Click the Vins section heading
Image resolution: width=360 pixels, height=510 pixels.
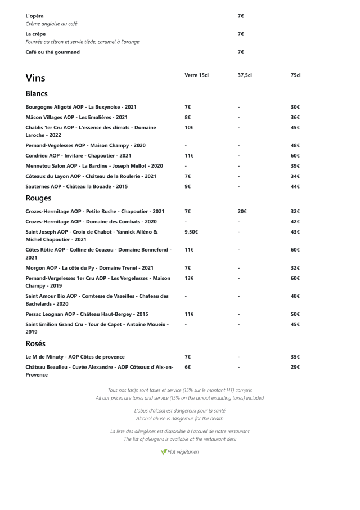35,78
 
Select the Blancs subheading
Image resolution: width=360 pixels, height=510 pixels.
37,93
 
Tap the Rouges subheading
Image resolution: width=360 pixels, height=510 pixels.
39,198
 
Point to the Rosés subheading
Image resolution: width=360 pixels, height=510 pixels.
35,343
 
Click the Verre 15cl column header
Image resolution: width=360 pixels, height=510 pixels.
196,75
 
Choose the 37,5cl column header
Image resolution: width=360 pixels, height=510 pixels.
245,75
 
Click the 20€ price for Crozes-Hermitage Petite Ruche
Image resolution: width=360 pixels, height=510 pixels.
242,212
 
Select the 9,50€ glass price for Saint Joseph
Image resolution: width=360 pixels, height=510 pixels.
191,231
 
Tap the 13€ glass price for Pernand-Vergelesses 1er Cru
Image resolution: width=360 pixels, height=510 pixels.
189,278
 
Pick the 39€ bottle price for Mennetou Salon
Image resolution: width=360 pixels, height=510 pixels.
295,166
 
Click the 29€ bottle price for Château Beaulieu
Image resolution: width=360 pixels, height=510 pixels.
295,367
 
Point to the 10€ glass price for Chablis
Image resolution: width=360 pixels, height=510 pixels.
189,128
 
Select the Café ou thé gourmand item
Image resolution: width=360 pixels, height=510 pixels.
53,52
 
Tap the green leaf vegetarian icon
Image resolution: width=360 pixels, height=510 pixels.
164,452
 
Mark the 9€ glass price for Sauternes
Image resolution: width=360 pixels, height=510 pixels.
187,186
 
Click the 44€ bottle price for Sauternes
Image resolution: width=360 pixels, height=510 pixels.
295,186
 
